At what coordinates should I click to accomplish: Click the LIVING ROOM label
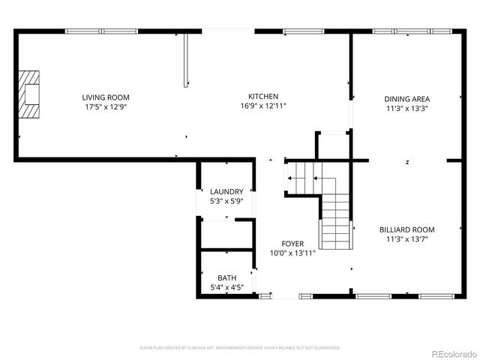click(106, 97)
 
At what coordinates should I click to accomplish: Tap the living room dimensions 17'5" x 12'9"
click(106, 106)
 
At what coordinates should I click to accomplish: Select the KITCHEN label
click(264, 96)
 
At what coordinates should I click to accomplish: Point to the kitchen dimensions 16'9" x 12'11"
click(264, 106)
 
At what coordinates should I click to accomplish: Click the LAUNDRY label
click(226, 191)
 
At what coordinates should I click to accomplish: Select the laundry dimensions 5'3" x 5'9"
click(226, 201)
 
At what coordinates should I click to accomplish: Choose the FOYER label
click(292, 244)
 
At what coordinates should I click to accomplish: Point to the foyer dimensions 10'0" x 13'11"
click(292, 253)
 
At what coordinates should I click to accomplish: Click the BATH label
click(226, 277)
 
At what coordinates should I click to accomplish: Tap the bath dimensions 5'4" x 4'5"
click(226, 287)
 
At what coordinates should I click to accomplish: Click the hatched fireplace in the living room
click(30, 94)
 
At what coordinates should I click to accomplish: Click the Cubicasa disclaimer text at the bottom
click(240, 348)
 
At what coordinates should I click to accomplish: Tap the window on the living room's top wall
click(101, 31)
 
